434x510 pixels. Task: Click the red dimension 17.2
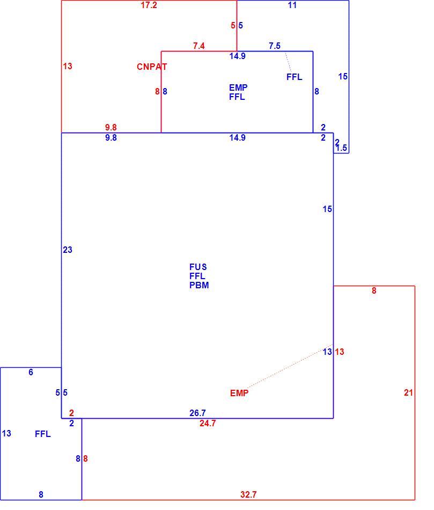tap(149, 5)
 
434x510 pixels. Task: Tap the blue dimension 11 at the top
tap(292, 5)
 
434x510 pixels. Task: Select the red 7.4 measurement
tap(198, 46)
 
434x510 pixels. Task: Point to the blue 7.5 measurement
tap(274, 46)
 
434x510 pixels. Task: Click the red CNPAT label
tap(152, 67)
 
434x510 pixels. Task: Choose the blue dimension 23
tap(67, 250)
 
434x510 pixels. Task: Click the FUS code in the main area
tap(198, 267)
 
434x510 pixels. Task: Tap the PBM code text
tap(199, 285)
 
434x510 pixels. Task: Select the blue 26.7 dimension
tap(197, 413)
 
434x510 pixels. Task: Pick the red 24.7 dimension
tap(208, 424)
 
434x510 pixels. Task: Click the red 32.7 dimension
tap(248, 495)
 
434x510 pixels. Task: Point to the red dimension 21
tap(408, 393)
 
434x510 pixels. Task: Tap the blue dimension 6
tap(31, 373)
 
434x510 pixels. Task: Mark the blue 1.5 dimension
tap(341, 148)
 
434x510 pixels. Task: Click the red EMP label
tap(239, 393)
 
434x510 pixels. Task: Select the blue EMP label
tap(238, 88)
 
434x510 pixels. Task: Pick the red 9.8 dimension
tap(111, 128)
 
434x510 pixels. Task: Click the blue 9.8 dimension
tap(111, 138)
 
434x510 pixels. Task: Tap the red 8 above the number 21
tap(374, 291)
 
